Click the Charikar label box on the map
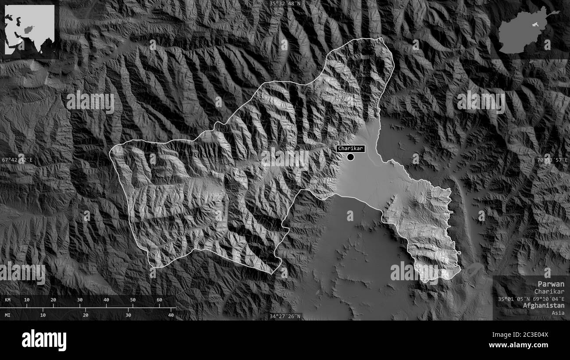tap(350, 149)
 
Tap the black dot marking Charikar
tap(350, 157)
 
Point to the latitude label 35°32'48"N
tap(285, 4)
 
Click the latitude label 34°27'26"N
tap(285, 316)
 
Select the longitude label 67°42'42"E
tap(17, 160)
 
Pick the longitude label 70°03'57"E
tap(552, 160)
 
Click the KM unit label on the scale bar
tap(8, 300)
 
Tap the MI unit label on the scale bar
tap(8, 315)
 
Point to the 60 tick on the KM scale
tap(159, 300)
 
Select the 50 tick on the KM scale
tap(133, 300)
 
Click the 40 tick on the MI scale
tap(171, 315)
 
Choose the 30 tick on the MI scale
tap(128, 315)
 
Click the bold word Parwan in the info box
tap(552, 284)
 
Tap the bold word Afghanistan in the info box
tap(544, 306)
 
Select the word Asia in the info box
tap(558, 313)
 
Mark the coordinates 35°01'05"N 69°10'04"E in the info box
tap(531, 299)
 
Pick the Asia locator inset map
tap(29, 29)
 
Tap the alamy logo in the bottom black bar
tap(44, 340)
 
